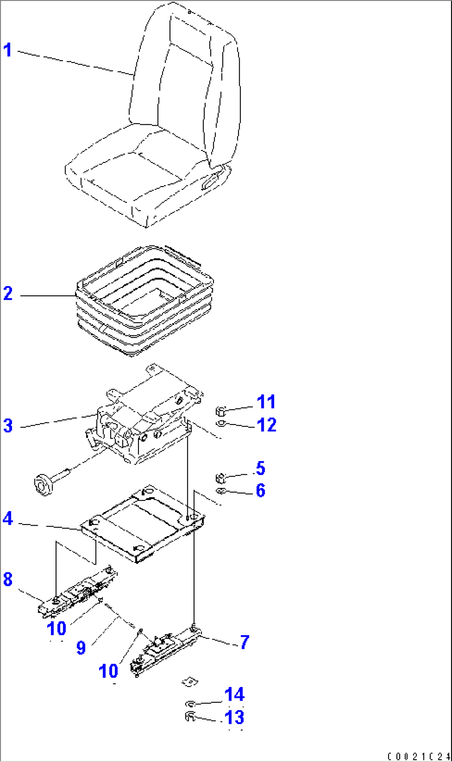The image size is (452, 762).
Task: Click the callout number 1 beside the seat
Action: [x=7, y=50]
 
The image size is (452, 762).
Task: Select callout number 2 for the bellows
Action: [x=8, y=294]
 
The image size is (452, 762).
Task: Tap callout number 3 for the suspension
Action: [x=8, y=426]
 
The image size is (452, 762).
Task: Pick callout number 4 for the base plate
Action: [x=8, y=519]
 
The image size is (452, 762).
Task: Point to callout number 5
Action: [x=260, y=468]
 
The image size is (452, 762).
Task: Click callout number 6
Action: [x=260, y=490]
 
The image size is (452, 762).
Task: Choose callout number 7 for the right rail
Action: [x=245, y=642]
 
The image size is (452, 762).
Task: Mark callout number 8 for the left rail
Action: [x=8, y=580]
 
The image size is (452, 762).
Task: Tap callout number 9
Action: [x=81, y=648]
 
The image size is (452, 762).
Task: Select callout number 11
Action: [x=266, y=402]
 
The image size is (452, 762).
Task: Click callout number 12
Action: [x=267, y=425]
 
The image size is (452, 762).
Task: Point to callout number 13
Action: [x=234, y=718]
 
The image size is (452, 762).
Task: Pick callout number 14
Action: [x=234, y=694]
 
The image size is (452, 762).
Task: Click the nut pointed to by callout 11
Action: [x=221, y=411]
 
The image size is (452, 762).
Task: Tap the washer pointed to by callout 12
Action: [x=221, y=423]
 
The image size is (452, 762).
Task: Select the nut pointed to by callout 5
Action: [x=221, y=478]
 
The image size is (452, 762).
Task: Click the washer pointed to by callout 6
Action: [x=221, y=491]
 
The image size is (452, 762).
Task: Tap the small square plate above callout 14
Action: [x=190, y=681]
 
